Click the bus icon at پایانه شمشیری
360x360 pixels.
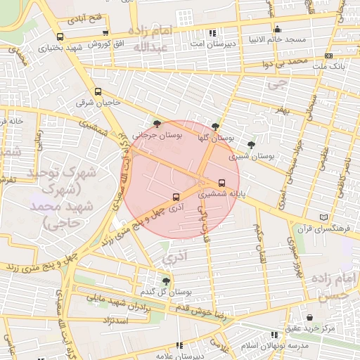click(222, 182)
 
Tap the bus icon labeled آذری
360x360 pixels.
click(176, 198)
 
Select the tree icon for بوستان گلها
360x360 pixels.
click(215, 125)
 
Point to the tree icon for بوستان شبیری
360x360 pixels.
click(251, 144)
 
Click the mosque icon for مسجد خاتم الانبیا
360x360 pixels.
click(278, 30)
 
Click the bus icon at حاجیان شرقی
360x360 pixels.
click(98, 91)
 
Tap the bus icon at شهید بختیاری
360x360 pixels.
click(59, 37)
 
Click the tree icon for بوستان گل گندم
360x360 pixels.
click(166, 281)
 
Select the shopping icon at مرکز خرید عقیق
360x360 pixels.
click(310, 318)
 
